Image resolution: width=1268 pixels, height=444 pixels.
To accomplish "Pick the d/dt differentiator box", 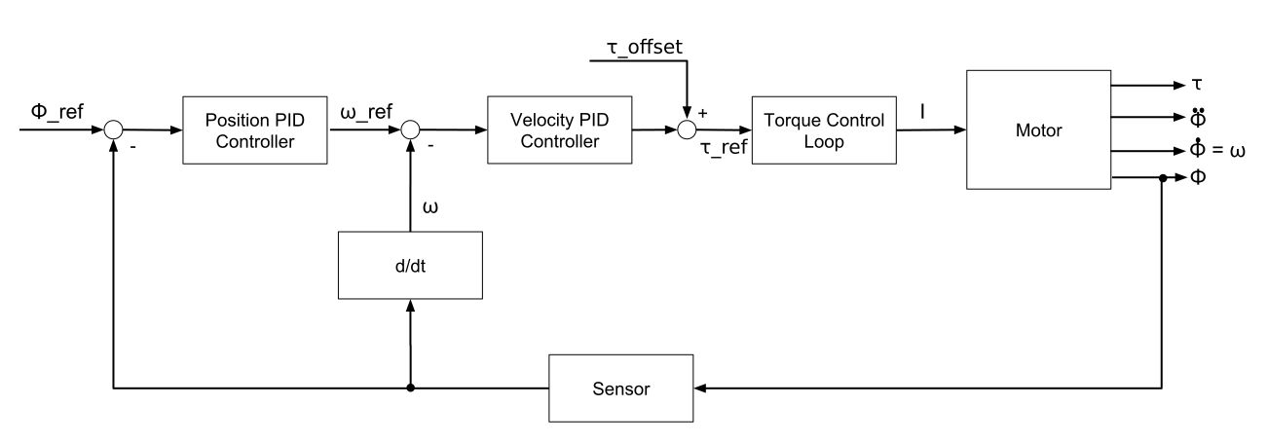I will (x=410, y=265).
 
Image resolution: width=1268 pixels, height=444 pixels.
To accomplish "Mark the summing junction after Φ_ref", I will (x=114, y=129).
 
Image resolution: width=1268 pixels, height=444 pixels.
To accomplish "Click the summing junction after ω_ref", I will (x=410, y=129).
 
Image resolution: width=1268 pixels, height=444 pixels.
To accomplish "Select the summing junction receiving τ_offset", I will (x=689, y=129).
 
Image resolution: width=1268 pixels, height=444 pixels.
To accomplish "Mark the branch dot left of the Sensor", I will (x=410, y=388).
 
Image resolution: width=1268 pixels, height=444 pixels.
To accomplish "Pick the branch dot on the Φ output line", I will (x=1162, y=179).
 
